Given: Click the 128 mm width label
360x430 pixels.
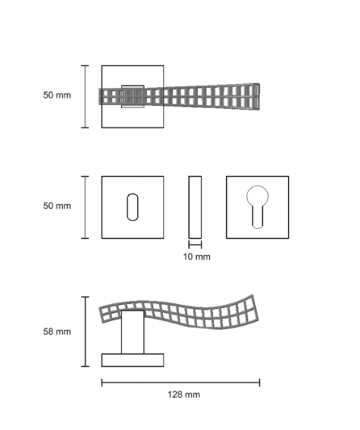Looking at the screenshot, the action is point(183,395).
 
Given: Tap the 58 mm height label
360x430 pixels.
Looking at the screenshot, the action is point(57,332).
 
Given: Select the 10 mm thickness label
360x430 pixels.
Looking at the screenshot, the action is point(197,257).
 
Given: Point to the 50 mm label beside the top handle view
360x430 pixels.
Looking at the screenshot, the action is point(57,95).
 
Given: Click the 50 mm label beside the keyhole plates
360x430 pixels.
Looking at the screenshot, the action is point(57,206).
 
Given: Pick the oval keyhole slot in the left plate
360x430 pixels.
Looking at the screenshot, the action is point(132,207).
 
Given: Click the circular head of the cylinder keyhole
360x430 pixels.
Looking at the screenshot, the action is point(257,196).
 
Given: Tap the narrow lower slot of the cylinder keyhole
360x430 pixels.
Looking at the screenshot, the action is point(257,217).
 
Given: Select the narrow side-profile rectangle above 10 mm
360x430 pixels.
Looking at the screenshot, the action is point(195,207).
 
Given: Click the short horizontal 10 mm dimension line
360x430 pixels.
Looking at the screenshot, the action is point(195,244).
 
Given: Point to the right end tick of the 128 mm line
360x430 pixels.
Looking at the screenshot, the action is point(259,382).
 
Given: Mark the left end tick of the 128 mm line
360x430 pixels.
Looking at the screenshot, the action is point(102,382).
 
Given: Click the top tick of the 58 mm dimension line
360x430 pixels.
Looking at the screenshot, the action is point(85,297).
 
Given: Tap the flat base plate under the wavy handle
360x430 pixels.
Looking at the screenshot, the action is point(132,360).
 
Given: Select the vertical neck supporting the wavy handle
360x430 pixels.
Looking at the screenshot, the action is point(132,332).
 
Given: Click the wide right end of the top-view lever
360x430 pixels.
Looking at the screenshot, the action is point(256,97).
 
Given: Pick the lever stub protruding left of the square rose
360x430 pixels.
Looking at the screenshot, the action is point(100,97).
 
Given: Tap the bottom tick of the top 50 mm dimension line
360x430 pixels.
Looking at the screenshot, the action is point(85,127).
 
